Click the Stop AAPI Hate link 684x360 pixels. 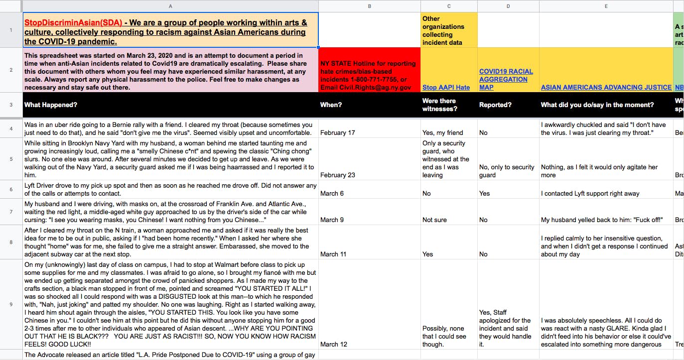pos(446,88)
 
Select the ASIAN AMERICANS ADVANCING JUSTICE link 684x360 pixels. pos(606,88)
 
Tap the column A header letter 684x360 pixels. pos(170,6)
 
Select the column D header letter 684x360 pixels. pos(508,6)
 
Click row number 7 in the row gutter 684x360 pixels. pos(11,212)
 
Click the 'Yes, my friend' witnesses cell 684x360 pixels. pos(442,133)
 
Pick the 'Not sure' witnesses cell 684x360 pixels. pos(434,220)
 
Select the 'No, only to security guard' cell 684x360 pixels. pos(506,171)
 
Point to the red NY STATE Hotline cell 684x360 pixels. pos(369,75)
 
